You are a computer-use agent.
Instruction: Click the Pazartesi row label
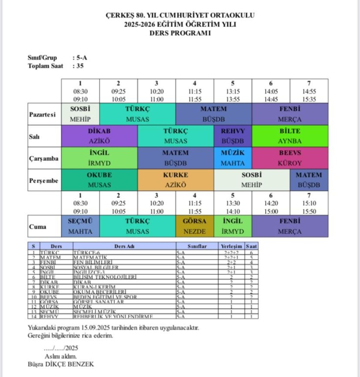42,114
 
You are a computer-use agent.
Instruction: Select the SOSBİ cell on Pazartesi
81,114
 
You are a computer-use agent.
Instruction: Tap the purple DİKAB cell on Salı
99,136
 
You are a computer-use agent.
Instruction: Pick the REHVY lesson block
233,136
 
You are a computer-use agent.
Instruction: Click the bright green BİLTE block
290,136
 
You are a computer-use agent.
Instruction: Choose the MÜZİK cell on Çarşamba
233,158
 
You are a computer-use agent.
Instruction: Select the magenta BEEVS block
290,158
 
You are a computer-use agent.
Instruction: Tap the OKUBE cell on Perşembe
99,180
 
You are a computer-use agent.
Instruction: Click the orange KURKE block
175,180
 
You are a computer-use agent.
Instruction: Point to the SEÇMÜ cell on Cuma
81,226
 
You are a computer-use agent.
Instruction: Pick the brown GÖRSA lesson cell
194,226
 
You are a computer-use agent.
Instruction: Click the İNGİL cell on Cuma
233,226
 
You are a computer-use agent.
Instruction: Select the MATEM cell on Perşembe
309,180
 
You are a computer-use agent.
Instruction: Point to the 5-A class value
81,57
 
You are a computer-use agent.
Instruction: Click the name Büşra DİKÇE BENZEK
61,364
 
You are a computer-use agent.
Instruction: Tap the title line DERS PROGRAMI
180,33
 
